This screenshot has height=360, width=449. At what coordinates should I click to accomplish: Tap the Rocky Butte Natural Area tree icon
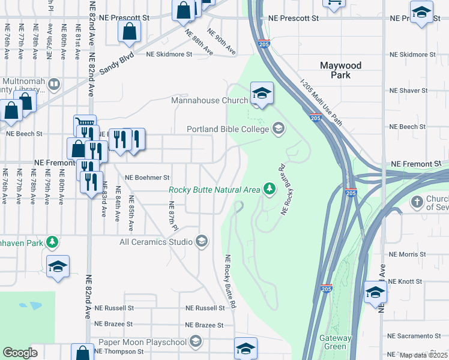[x=270, y=190]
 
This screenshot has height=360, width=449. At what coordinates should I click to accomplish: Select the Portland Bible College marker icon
[x=278, y=128]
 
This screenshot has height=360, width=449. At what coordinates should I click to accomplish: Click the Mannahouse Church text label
[x=209, y=100]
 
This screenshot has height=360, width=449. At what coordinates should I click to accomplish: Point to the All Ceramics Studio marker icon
[x=202, y=242]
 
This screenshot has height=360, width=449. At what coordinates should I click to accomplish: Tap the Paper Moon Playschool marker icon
[x=194, y=342]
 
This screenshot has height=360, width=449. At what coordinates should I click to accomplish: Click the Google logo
[x=20, y=353]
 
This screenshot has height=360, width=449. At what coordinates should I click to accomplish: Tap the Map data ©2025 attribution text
[x=423, y=355]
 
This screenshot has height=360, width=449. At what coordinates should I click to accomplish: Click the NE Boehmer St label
[x=147, y=178]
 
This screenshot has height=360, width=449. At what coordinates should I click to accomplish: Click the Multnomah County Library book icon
[x=53, y=84]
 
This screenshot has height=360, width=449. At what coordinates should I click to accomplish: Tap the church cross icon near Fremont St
[x=417, y=202]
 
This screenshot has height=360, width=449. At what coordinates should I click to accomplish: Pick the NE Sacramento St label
[x=414, y=335]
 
